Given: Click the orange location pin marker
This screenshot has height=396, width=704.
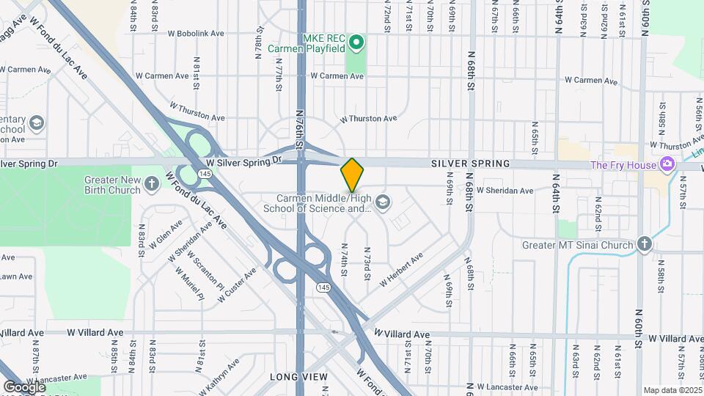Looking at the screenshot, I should pyautogui.click(x=352, y=175).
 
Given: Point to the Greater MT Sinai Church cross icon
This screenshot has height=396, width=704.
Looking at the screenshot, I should pyautogui.click(x=644, y=243).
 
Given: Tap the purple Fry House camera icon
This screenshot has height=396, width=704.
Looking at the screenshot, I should pyautogui.click(x=667, y=164).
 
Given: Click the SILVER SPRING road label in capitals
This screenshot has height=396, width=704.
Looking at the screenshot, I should pyautogui.click(x=469, y=164).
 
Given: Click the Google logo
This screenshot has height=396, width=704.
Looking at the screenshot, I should pyautogui.click(x=24, y=386).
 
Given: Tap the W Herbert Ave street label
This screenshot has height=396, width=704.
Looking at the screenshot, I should pyautogui.click(x=401, y=270).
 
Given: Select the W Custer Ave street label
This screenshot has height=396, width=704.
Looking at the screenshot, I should pyautogui.click(x=236, y=282).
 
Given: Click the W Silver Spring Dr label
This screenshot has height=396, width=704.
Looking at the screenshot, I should pyautogui.click(x=243, y=160).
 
